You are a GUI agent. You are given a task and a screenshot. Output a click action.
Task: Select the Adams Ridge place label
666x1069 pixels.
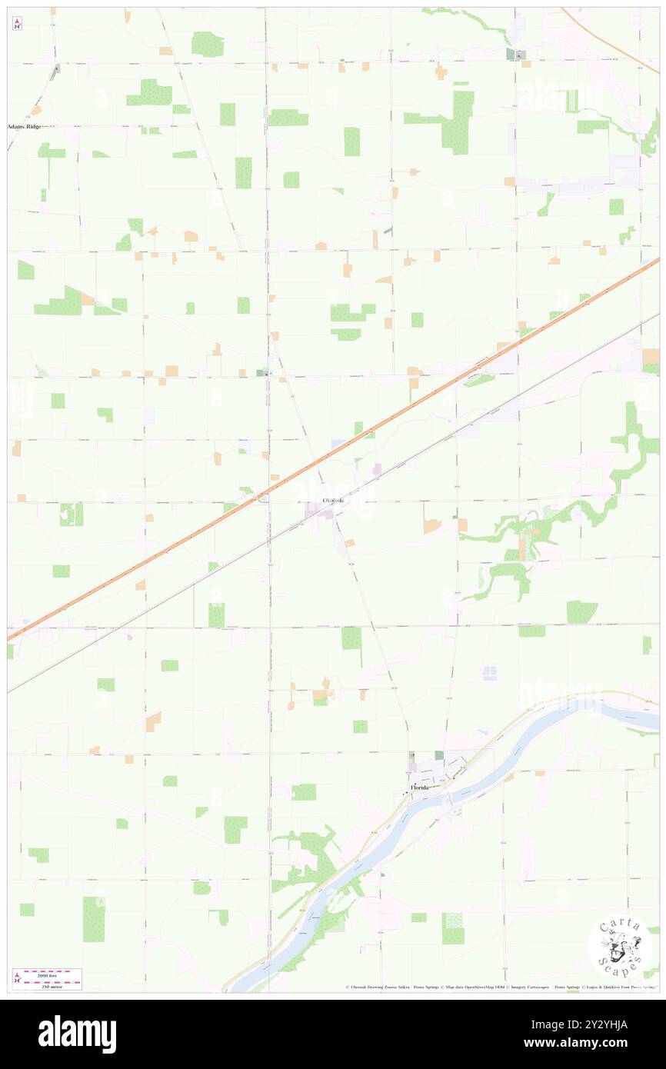click(25, 125)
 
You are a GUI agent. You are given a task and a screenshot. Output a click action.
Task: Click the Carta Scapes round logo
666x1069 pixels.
click(619, 947)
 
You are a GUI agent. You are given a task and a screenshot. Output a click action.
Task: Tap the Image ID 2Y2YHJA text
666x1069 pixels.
click(596, 1024)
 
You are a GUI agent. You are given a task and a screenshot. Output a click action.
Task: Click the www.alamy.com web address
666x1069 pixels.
click(596, 1043)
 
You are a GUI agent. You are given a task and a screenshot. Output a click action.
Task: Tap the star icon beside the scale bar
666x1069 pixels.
click(17, 977)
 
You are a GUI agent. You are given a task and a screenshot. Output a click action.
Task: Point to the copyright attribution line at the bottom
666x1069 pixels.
click(500, 987)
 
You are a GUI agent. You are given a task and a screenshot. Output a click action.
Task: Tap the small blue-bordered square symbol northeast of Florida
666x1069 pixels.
click(488, 674)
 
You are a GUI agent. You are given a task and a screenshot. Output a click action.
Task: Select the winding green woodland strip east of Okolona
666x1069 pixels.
click(538, 531)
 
